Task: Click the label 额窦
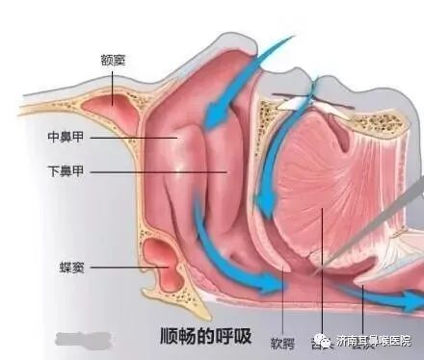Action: pyautogui.click(x=113, y=60)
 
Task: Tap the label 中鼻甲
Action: pyautogui.click(x=66, y=137)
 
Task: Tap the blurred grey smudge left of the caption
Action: pyautogui.click(x=78, y=338)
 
